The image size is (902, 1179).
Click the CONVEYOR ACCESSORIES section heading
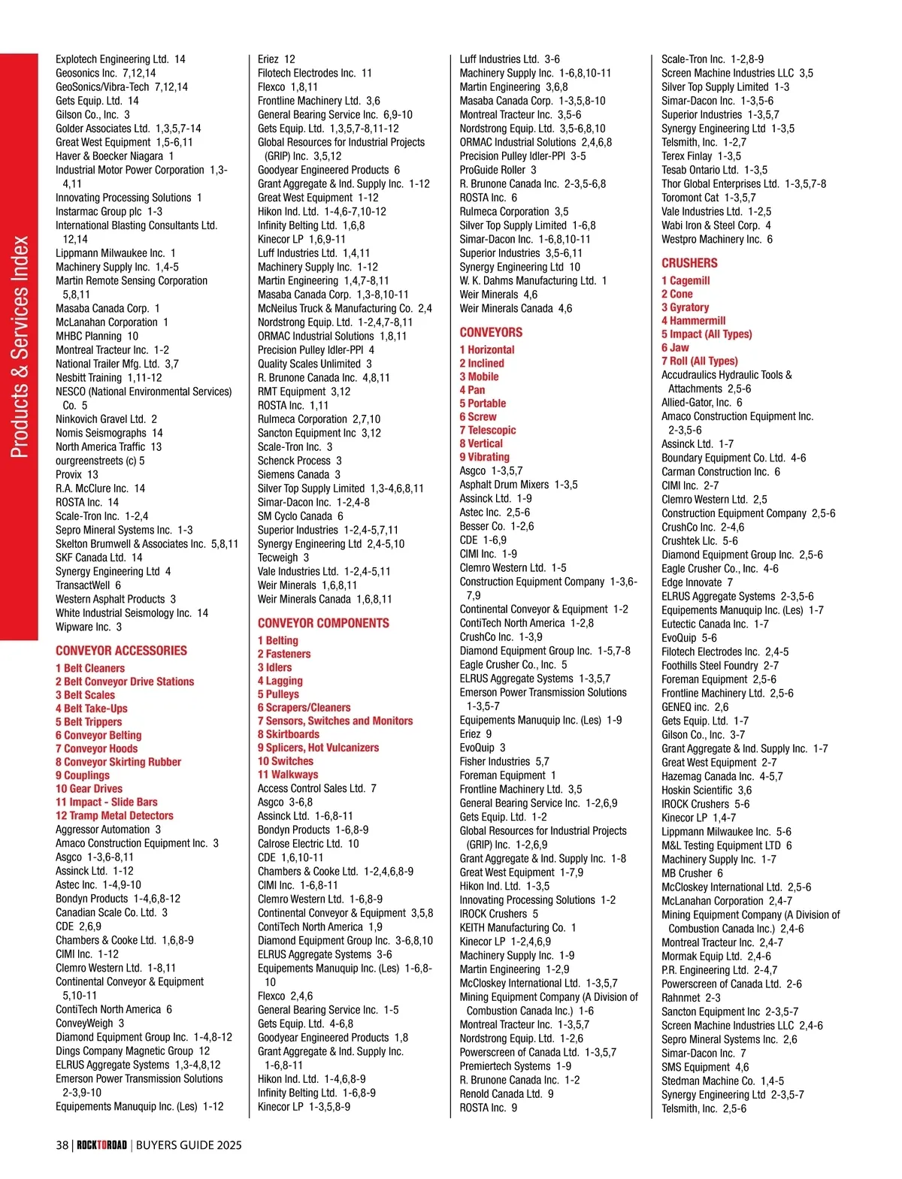121,651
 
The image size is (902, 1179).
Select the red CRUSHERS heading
689,263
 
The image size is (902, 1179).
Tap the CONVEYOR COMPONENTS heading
323,623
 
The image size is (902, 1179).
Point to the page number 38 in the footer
62,1145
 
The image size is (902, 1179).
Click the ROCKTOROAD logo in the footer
101,1145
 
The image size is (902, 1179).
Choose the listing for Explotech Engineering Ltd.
120,59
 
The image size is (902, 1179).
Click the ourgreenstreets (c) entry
100,461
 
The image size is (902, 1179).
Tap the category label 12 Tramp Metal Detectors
114,815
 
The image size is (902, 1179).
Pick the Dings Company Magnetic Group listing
132,1051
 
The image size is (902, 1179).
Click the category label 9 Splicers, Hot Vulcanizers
318,748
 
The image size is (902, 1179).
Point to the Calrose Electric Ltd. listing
308,844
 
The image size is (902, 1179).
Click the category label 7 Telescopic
488,430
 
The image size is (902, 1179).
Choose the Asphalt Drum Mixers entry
519,485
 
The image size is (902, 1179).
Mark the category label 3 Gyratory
685,307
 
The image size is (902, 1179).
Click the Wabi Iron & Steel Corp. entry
716,225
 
